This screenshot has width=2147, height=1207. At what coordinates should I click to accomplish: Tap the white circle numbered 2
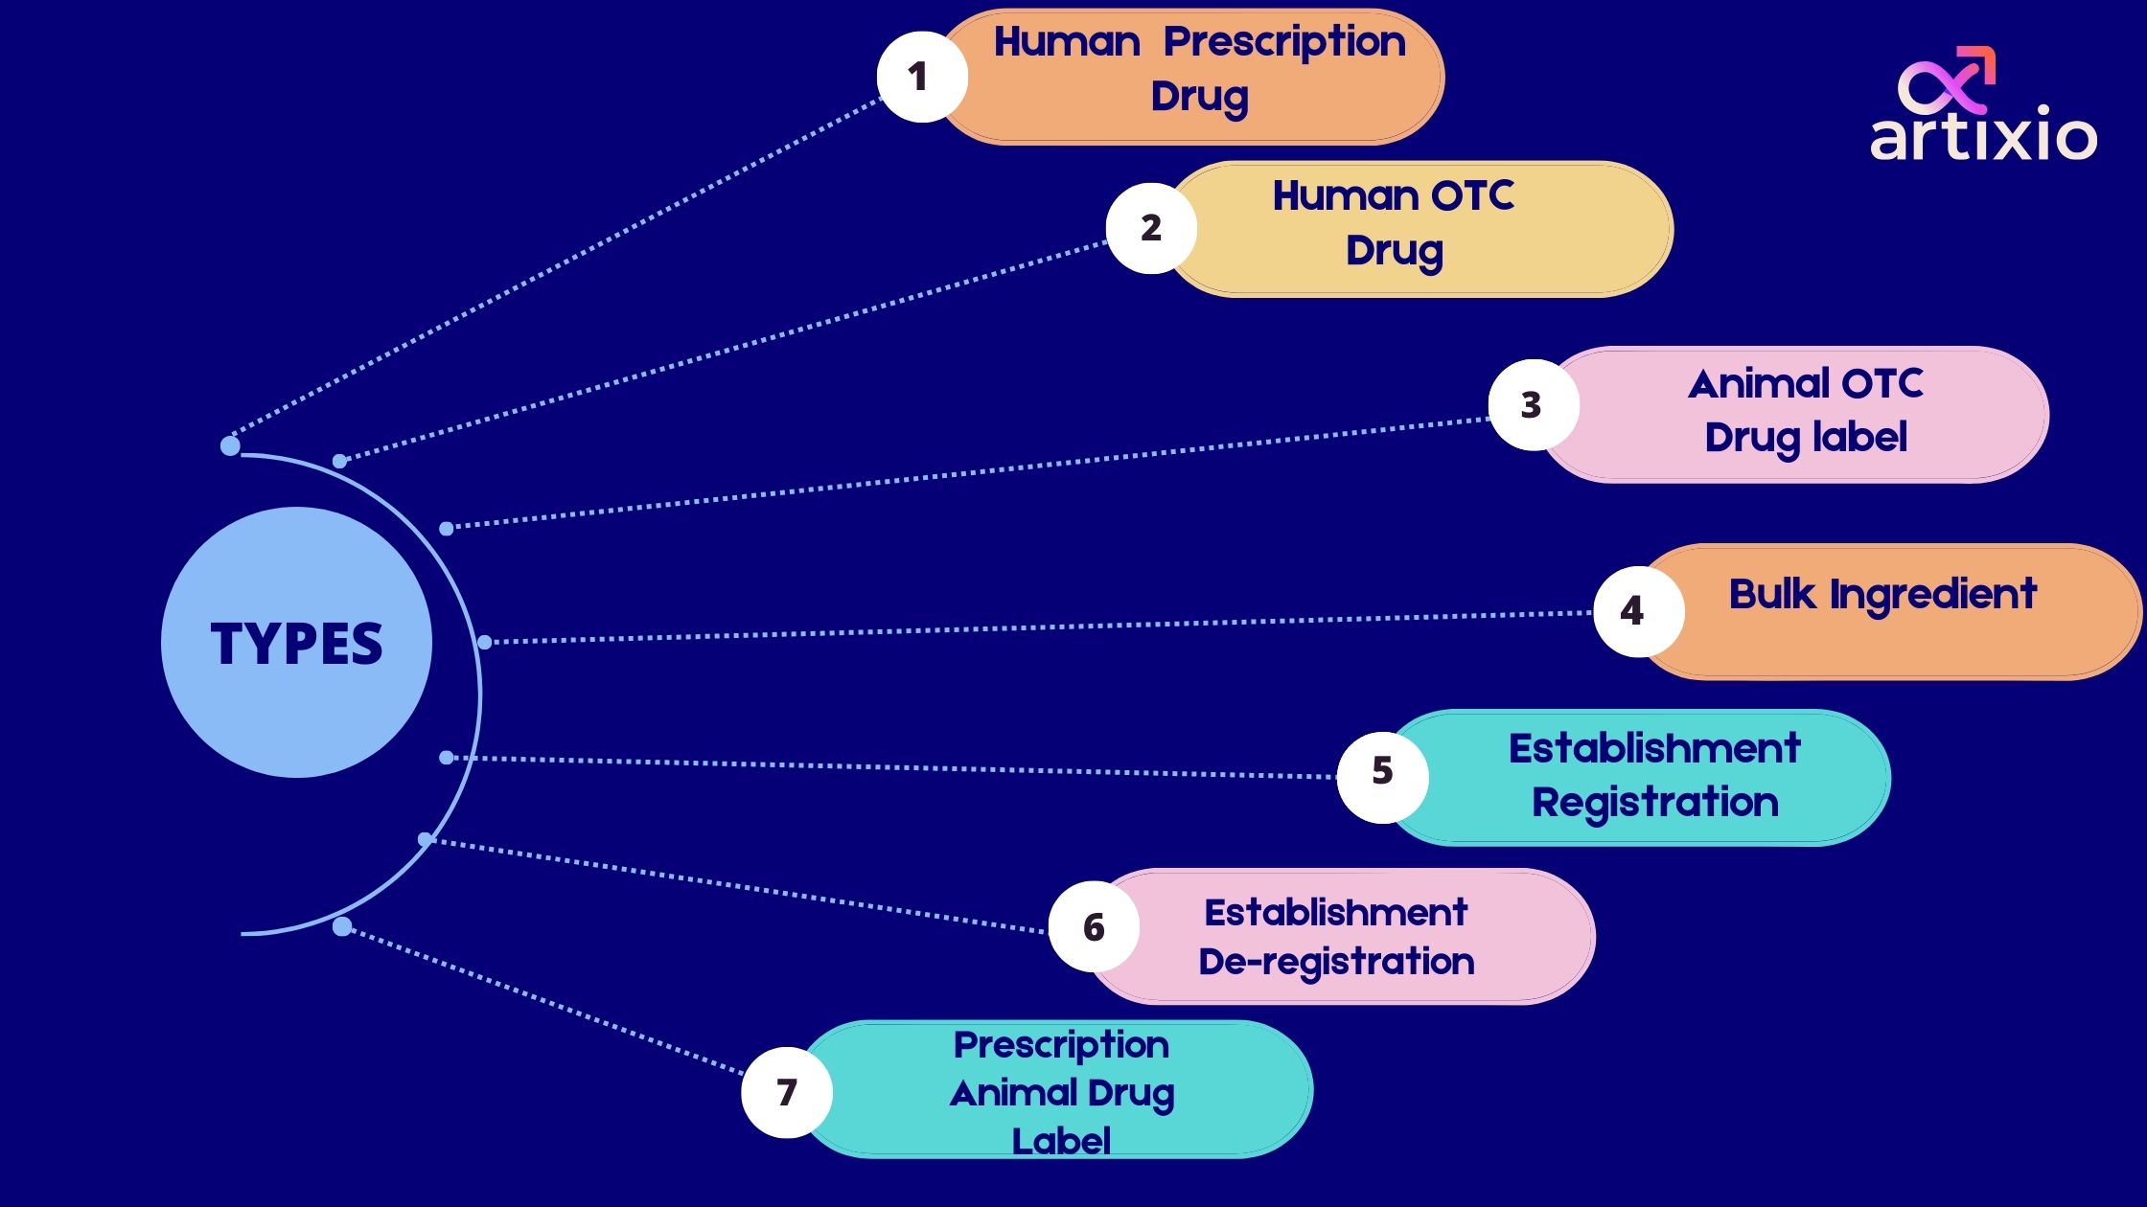[x=1150, y=228]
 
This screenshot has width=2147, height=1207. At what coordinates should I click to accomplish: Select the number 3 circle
[x=1532, y=404]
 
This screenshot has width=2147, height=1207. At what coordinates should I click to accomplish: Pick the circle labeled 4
[x=1637, y=611]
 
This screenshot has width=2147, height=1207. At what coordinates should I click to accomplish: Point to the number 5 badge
[x=1382, y=771]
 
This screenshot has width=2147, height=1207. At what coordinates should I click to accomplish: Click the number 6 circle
[x=1094, y=927]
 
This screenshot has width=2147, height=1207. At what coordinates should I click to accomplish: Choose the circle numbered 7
[x=786, y=1092]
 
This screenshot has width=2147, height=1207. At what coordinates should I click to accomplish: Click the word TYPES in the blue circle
[x=296, y=643]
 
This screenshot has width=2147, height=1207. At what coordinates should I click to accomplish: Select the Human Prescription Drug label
[x=1200, y=69]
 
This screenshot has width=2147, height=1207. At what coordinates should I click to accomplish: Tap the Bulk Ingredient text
[x=1882, y=595]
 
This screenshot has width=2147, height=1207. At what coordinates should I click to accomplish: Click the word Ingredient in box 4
[x=1932, y=595]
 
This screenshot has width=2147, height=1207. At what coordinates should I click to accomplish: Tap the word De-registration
[x=1336, y=961]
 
